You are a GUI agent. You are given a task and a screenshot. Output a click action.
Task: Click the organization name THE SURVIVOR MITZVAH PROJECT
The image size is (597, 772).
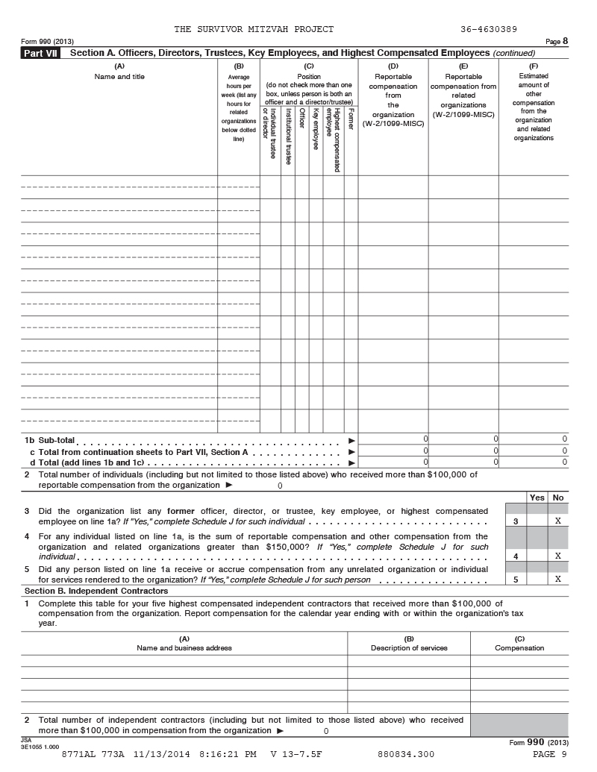[254, 29]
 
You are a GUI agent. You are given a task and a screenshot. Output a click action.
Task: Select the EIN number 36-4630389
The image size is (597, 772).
[489, 29]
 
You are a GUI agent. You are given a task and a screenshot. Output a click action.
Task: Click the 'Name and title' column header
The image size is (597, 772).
[119, 77]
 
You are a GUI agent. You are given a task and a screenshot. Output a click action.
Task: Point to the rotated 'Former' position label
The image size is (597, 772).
[351, 121]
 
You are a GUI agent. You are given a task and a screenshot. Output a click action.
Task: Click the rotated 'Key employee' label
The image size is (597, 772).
[316, 129]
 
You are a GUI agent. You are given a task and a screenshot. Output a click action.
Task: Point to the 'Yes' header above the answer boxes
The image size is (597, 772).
[537, 498]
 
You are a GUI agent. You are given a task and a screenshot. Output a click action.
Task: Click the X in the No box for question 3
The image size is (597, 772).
[557, 521]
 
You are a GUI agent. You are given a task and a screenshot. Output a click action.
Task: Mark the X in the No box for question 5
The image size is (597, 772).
[557, 579]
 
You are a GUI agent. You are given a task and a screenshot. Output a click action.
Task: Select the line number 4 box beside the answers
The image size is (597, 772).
[516, 556]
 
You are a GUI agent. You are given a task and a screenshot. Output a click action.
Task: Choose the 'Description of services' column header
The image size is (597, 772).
[409, 648]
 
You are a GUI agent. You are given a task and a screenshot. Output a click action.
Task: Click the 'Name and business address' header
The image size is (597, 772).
[184, 648]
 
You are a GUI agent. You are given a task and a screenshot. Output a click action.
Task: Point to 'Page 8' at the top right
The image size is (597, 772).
[557, 41]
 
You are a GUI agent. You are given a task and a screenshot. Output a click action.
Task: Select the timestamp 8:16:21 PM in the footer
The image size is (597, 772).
[227, 755]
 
